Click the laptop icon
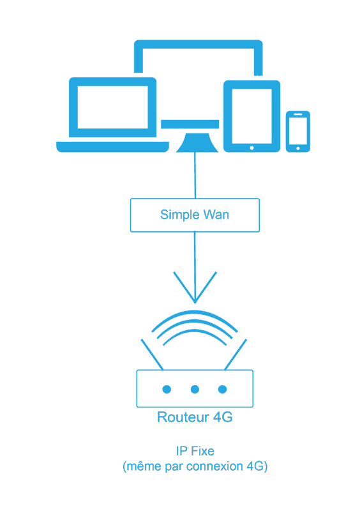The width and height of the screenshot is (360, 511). [x=112, y=115]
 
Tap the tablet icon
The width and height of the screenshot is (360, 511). [x=251, y=116]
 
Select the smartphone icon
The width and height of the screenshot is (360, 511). [x=298, y=132]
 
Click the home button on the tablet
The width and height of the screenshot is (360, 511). [x=252, y=148]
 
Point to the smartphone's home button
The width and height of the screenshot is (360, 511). [x=298, y=149]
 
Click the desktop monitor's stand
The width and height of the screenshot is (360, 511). [x=197, y=142]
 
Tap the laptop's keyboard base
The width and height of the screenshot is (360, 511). [x=113, y=147]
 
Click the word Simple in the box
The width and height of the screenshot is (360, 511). [x=179, y=215]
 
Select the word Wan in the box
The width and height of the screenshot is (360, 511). [x=216, y=215]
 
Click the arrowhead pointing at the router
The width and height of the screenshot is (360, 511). [x=195, y=287]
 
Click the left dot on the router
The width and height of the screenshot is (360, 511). [x=167, y=389]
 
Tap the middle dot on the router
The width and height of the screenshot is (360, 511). [x=195, y=389]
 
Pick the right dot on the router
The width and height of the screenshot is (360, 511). [x=223, y=389]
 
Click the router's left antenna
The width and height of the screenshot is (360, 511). [x=152, y=355]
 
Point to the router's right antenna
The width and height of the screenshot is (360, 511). [x=236, y=355]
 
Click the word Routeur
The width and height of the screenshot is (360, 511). [x=183, y=417]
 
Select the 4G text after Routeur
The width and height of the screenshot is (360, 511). [x=223, y=417]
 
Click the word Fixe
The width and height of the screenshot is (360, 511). [x=202, y=451]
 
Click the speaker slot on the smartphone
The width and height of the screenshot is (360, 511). [x=298, y=114]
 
